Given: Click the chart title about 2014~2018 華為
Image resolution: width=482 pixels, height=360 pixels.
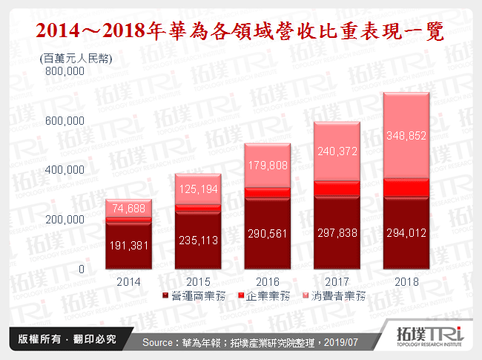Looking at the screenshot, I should coord(241,31).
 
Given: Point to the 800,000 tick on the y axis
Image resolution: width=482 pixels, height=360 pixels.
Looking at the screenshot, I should coord(65,72).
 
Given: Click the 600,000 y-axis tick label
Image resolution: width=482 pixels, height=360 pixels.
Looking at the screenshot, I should coord(65,121).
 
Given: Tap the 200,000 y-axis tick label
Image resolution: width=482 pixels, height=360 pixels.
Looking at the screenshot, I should coord(65,220).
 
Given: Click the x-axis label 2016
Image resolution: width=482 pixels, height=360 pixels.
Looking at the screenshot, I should coord(267,282).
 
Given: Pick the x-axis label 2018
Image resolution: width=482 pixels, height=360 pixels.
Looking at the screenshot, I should coord(406,282).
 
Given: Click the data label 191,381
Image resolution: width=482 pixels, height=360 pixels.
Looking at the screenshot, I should coord(128,246).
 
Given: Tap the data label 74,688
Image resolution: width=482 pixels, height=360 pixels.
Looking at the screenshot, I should coord(128,209).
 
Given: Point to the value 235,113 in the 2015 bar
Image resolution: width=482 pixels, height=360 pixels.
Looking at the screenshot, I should coord(198,240).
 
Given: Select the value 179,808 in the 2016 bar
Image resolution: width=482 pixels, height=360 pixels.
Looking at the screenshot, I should coord(268,165).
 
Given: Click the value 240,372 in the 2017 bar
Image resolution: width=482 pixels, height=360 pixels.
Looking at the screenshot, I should coord(337,151).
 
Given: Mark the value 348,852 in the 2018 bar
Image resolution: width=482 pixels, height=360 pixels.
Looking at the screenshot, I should coord(406,136).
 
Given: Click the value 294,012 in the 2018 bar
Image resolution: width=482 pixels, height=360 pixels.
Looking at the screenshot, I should coord(406,232).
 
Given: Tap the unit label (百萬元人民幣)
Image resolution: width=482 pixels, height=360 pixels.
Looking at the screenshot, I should coord(76,58).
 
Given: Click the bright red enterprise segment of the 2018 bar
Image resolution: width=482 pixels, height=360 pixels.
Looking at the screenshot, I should coord(406,187).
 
